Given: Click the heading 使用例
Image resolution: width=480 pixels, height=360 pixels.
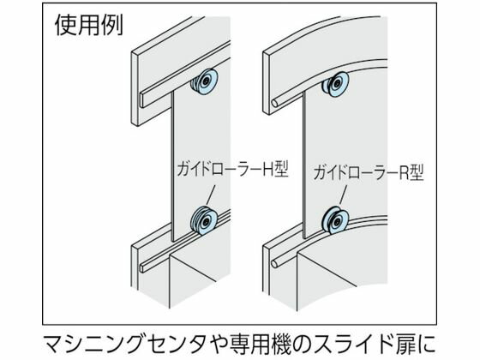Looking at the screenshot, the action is point(89,25).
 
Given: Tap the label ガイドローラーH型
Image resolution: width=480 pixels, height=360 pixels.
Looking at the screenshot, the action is point(233,170).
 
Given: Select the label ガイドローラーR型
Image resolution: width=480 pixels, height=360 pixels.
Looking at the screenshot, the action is point(369,172).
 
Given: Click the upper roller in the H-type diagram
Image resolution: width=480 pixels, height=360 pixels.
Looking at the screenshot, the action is point(204,81).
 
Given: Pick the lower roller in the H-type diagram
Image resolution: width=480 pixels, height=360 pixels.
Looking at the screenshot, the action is point(204,221).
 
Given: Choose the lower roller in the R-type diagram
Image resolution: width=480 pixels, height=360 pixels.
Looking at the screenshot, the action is point(335,221).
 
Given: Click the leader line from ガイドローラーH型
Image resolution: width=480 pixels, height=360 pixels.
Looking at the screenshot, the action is point(211,195).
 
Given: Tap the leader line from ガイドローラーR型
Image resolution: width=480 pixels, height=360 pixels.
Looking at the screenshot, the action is point(344,195).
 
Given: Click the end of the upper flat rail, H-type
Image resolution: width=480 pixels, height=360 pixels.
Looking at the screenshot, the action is point(143,99).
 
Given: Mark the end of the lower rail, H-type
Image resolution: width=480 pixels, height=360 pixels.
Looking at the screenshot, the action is point(142,267).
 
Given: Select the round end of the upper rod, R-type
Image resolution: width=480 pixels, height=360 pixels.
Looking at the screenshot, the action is point(274,104).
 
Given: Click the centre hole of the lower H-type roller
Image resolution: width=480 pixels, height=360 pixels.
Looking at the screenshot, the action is point(207,219).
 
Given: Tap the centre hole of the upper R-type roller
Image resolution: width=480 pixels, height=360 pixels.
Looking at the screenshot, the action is point(338,83).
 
